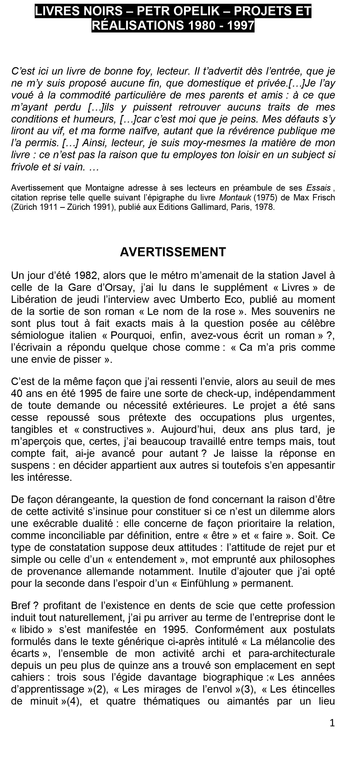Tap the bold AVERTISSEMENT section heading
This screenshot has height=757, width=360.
tap(173, 252)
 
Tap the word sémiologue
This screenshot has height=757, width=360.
tap(38, 335)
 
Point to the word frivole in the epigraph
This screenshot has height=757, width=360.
tap(25, 167)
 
